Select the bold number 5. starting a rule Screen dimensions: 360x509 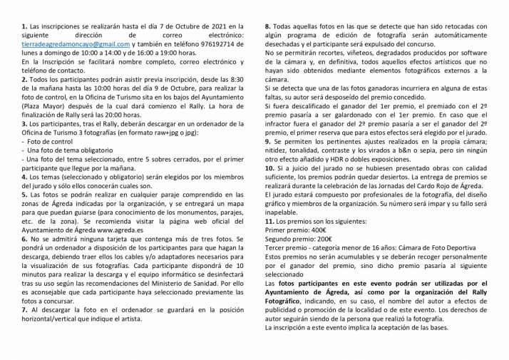pyautogui.click(x=25, y=194)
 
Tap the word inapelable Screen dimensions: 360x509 pyautogui.click(x=284, y=240)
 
